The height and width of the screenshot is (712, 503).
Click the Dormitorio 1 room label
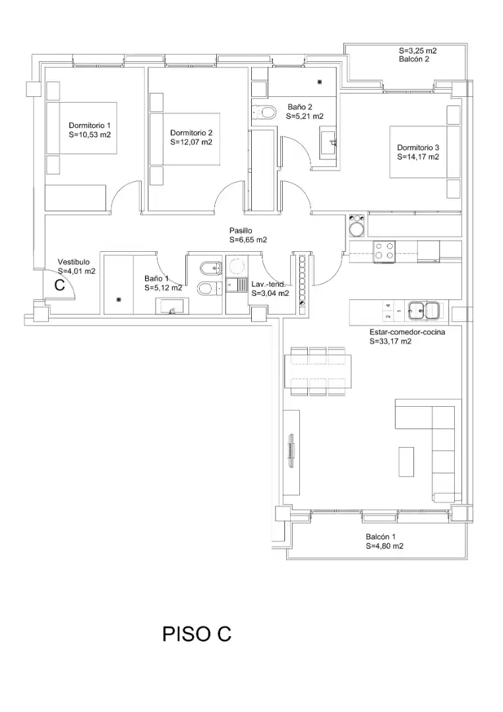(x=90, y=125)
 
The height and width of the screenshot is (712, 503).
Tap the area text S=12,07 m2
(x=191, y=142)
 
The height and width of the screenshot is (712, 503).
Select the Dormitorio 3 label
(x=418, y=148)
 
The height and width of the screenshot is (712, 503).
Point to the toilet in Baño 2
(x=264, y=111)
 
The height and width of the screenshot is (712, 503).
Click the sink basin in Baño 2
(x=328, y=142)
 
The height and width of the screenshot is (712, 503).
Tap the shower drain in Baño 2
(x=320, y=82)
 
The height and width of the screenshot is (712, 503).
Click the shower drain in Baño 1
(x=119, y=300)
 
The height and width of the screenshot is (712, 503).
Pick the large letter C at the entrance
(x=59, y=285)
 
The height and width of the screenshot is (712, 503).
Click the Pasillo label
(x=241, y=231)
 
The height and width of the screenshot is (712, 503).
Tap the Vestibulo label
(x=74, y=262)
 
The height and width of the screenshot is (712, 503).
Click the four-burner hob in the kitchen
(x=384, y=251)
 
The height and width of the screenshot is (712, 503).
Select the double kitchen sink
(x=423, y=310)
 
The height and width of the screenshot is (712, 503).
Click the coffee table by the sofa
(x=406, y=461)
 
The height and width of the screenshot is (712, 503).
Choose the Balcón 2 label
(x=414, y=59)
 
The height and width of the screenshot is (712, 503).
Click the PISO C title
(x=197, y=634)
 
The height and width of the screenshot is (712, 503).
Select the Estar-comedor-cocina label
(x=407, y=332)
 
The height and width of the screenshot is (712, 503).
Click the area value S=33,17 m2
(x=390, y=341)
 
